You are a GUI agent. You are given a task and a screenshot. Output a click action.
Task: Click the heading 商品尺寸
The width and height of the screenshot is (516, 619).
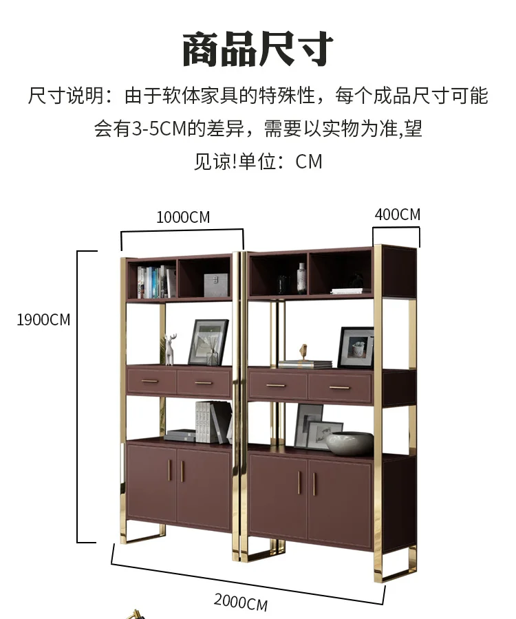[x=258, y=50]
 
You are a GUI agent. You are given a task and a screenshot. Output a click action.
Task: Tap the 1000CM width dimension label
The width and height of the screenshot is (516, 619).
[x=183, y=217]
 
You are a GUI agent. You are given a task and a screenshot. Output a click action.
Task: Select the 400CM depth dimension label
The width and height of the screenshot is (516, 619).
[x=397, y=215]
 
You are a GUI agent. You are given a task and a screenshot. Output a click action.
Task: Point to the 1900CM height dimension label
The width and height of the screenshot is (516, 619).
[x=43, y=320]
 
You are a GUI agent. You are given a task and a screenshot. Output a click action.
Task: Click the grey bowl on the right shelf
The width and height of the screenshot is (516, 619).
[x=350, y=444]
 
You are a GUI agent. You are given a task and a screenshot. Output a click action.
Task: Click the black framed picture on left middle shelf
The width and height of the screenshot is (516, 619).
[x=208, y=342]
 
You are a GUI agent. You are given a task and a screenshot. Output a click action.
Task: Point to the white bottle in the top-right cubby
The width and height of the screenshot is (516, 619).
[x=301, y=279]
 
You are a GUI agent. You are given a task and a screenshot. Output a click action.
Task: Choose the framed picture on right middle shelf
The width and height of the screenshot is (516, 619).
[x=356, y=347]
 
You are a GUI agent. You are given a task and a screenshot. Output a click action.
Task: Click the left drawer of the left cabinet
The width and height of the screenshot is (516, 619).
[x=151, y=381]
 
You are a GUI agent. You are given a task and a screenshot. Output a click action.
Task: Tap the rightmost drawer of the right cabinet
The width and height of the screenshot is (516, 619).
[x=339, y=389]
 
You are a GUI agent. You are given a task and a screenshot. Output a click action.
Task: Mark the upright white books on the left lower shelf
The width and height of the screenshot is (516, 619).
[x=206, y=421]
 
